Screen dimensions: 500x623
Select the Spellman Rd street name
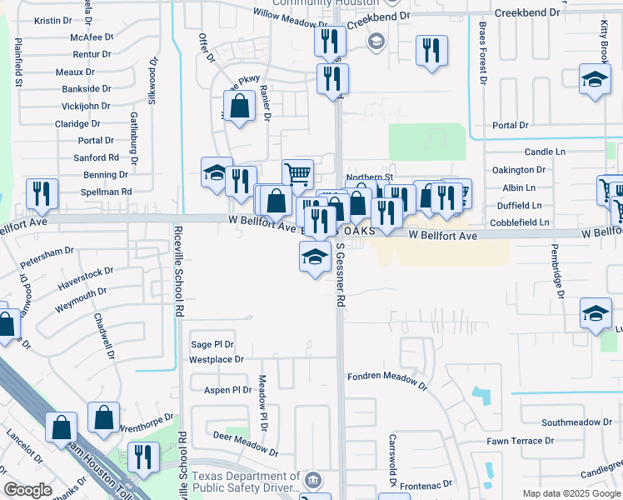point(107,192)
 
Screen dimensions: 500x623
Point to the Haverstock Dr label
point(85,277)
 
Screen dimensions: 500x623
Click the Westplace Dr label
point(216,360)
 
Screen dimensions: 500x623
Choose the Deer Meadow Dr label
point(244,439)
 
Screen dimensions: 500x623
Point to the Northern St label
point(369,177)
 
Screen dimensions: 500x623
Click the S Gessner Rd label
point(341,276)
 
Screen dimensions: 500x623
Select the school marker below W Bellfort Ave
point(315,257)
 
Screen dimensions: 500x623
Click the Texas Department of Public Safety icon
point(313,479)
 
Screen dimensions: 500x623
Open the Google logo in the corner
point(28,490)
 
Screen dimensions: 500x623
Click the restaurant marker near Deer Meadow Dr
point(144,457)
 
